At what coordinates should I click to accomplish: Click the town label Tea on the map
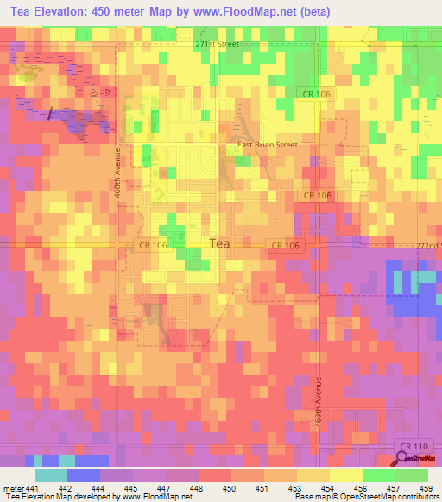point(220,244)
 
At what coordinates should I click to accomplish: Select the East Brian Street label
point(268,145)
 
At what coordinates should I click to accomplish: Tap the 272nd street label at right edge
point(427,246)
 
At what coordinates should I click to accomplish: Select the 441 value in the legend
point(33,489)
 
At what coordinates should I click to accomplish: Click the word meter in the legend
point(13,489)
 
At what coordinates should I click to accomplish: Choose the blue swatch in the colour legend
point(83,475)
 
